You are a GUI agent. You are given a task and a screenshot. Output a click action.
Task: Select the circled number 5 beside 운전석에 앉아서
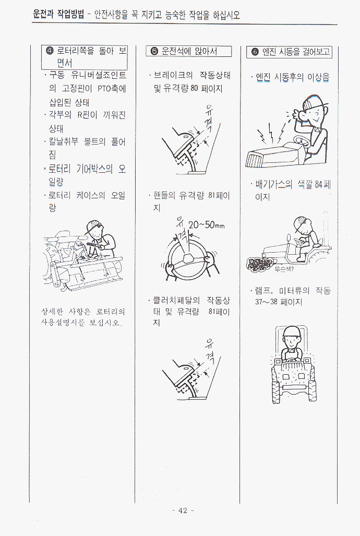pos(154,51)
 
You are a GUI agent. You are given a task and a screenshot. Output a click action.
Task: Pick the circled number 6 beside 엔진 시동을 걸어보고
pos(255,52)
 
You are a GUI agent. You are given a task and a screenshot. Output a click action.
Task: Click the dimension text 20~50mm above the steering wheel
pos(207,225)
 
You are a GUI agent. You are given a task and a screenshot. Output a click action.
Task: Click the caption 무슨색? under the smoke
pos(284,269)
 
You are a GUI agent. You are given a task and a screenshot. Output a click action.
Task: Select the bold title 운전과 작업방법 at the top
pos(58,15)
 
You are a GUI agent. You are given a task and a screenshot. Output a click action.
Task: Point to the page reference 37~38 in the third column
pos(266,302)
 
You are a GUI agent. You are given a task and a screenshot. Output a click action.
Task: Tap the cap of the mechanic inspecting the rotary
pos(93,227)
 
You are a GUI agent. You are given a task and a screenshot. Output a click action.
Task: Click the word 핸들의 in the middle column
pos(164,196)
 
